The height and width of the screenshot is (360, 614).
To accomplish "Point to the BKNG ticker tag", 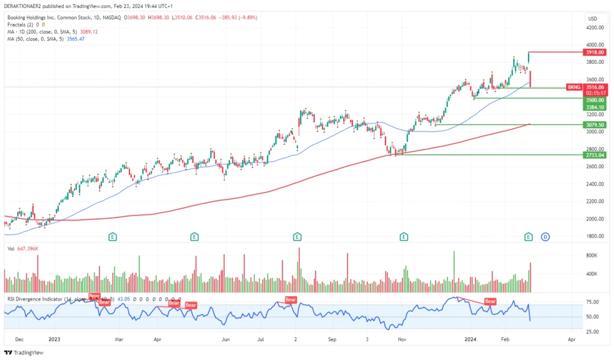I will coord(574,87).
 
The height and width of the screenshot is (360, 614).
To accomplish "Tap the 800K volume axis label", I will coord(592,255).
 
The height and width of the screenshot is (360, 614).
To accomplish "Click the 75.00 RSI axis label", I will coord(593,302).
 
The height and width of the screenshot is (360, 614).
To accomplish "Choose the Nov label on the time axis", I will coord(403,339).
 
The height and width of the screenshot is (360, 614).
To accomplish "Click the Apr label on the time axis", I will coord(572,339).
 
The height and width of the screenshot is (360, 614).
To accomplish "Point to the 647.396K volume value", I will coord(28,249).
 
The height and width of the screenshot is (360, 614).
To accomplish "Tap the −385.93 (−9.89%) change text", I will coord(236,18).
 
